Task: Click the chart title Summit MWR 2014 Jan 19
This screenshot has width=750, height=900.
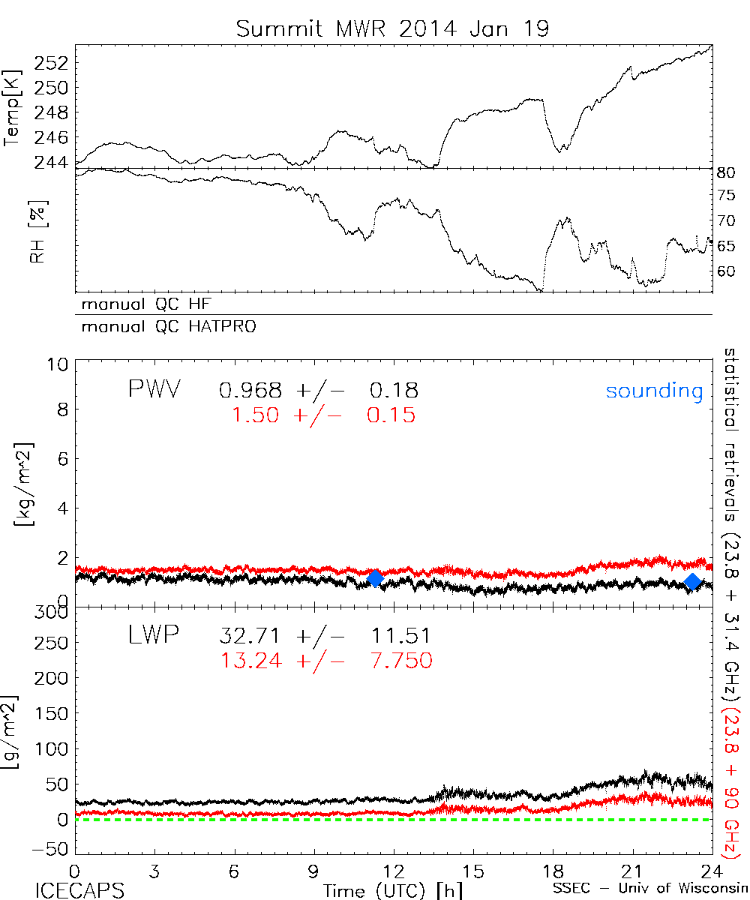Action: pos(393,28)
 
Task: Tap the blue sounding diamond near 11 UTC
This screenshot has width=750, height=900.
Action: pos(375,578)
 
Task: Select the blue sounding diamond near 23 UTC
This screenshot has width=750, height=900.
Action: pos(693,581)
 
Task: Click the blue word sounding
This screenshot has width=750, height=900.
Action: pos(654,391)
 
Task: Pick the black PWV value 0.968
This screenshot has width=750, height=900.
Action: pos(250,391)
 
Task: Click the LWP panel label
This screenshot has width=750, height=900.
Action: pos(153,637)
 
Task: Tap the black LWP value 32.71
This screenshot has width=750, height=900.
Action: pos(250,637)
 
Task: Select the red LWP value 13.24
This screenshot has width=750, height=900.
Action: pos(250,660)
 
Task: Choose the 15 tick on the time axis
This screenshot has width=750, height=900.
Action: pos(472,871)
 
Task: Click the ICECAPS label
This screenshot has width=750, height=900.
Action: pos(79,890)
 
